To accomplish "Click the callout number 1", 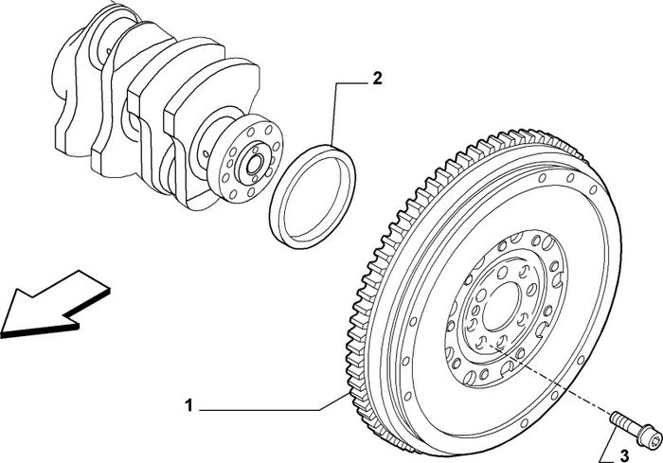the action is [188, 406].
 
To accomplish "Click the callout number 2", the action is [377, 79].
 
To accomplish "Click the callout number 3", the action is [624, 455].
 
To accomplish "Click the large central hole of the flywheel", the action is [502, 307].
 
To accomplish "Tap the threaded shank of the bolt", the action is [624, 423].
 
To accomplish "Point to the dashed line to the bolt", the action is [549, 379].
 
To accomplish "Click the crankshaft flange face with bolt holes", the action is [245, 157].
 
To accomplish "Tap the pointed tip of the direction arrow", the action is [1, 331].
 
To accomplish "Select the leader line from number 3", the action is [608, 448].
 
